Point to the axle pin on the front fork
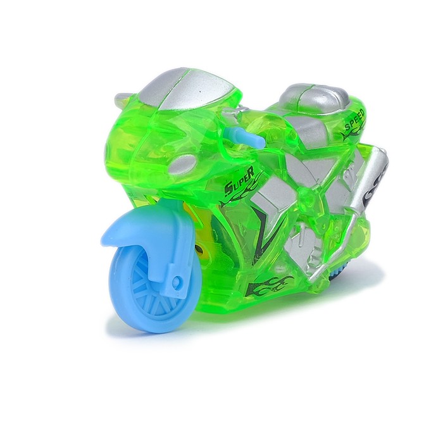coord(177,281)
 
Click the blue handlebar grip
coord(246,135)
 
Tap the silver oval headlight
coord(183,163)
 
